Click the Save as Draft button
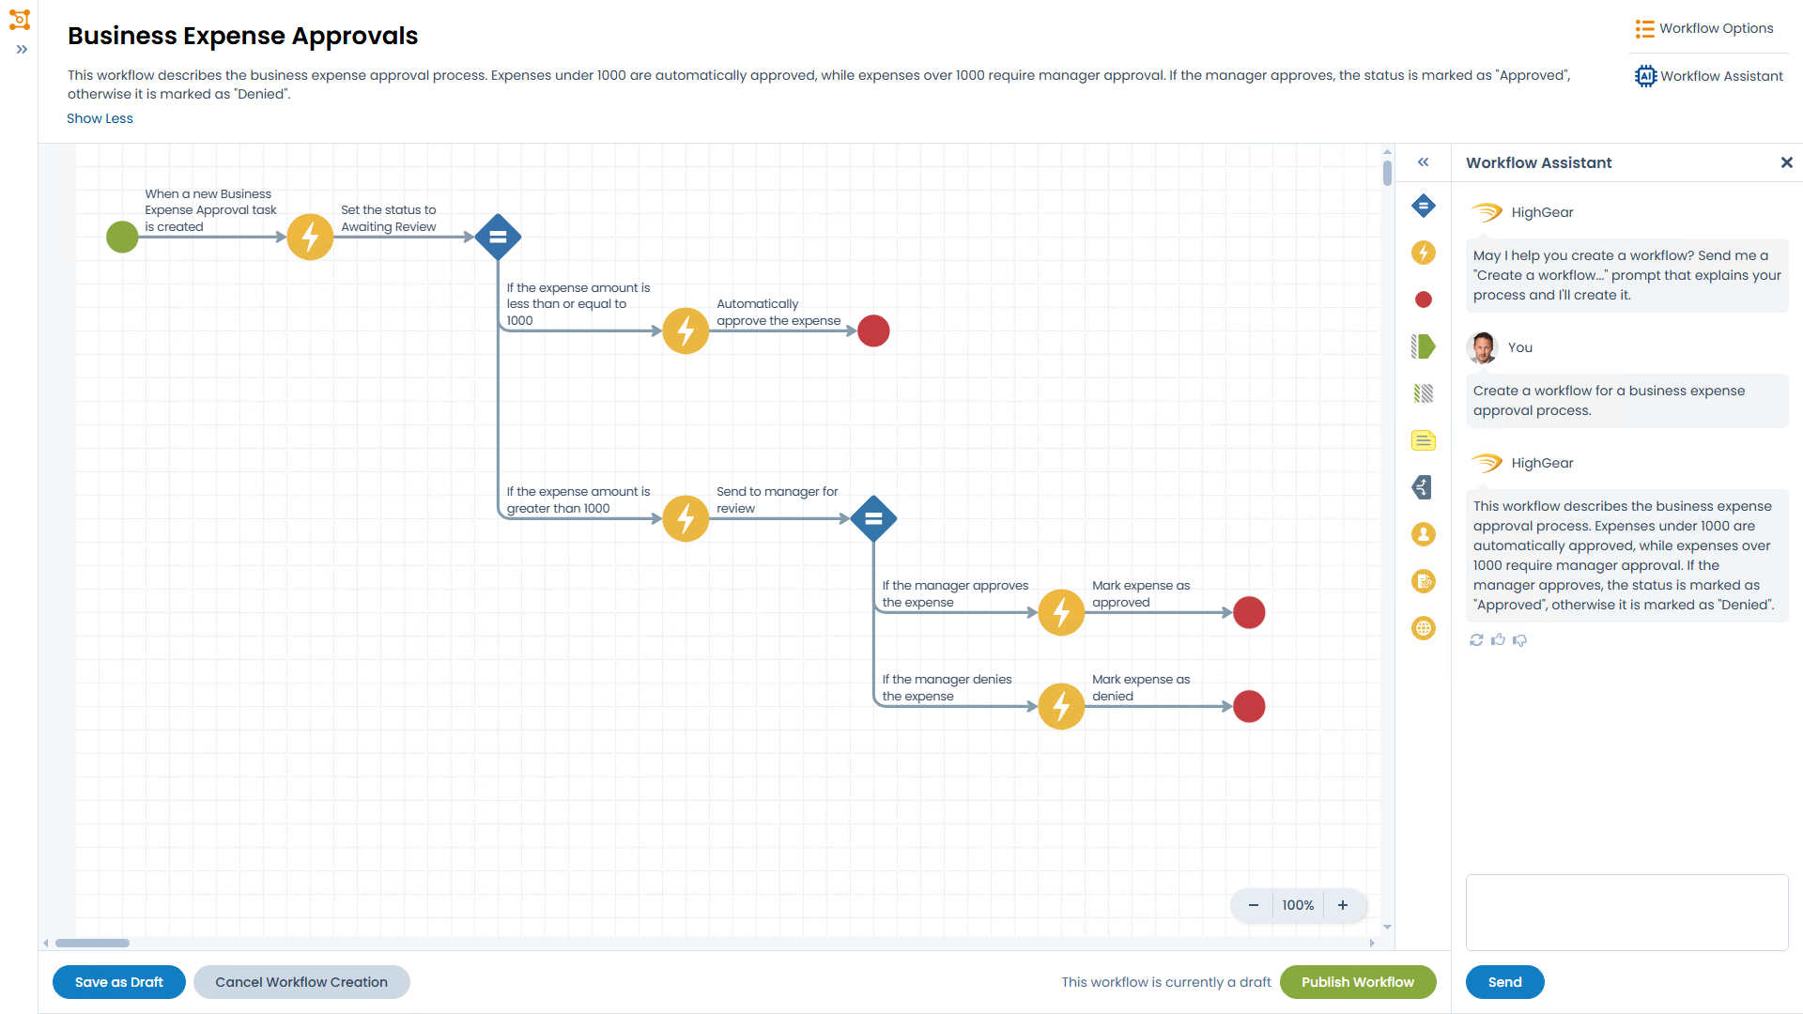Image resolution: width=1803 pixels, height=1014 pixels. tap(119, 982)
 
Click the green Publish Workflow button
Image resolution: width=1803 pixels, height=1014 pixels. tap(1358, 982)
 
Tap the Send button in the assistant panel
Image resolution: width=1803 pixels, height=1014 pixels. tap(1504, 982)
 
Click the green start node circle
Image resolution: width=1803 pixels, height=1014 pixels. tap(122, 237)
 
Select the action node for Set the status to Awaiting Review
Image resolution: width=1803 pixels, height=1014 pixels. tap(310, 237)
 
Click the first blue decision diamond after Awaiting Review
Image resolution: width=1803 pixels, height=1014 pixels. tap(498, 237)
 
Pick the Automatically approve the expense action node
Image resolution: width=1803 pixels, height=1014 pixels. tap(686, 330)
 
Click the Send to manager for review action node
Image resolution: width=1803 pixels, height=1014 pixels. tap(686, 518)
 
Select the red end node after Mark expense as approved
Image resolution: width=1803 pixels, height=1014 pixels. tap(1249, 612)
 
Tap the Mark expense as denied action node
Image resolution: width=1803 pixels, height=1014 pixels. tap(1061, 706)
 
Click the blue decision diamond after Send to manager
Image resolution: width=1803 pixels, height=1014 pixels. tap(873, 518)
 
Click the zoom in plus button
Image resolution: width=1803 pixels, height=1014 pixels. tap(1343, 905)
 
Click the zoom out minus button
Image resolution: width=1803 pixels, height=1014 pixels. tap(1253, 905)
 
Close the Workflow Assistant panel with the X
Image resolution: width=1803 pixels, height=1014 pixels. tap(1786, 162)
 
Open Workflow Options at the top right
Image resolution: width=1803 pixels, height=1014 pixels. tap(1704, 28)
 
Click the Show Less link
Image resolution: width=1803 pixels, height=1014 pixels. tap(100, 118)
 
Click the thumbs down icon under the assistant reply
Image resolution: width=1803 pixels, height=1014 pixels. tap(1520, 640)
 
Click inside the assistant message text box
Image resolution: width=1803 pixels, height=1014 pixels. tap(1626, 913)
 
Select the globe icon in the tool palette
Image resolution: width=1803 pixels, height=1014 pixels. tap(1424, 628)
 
